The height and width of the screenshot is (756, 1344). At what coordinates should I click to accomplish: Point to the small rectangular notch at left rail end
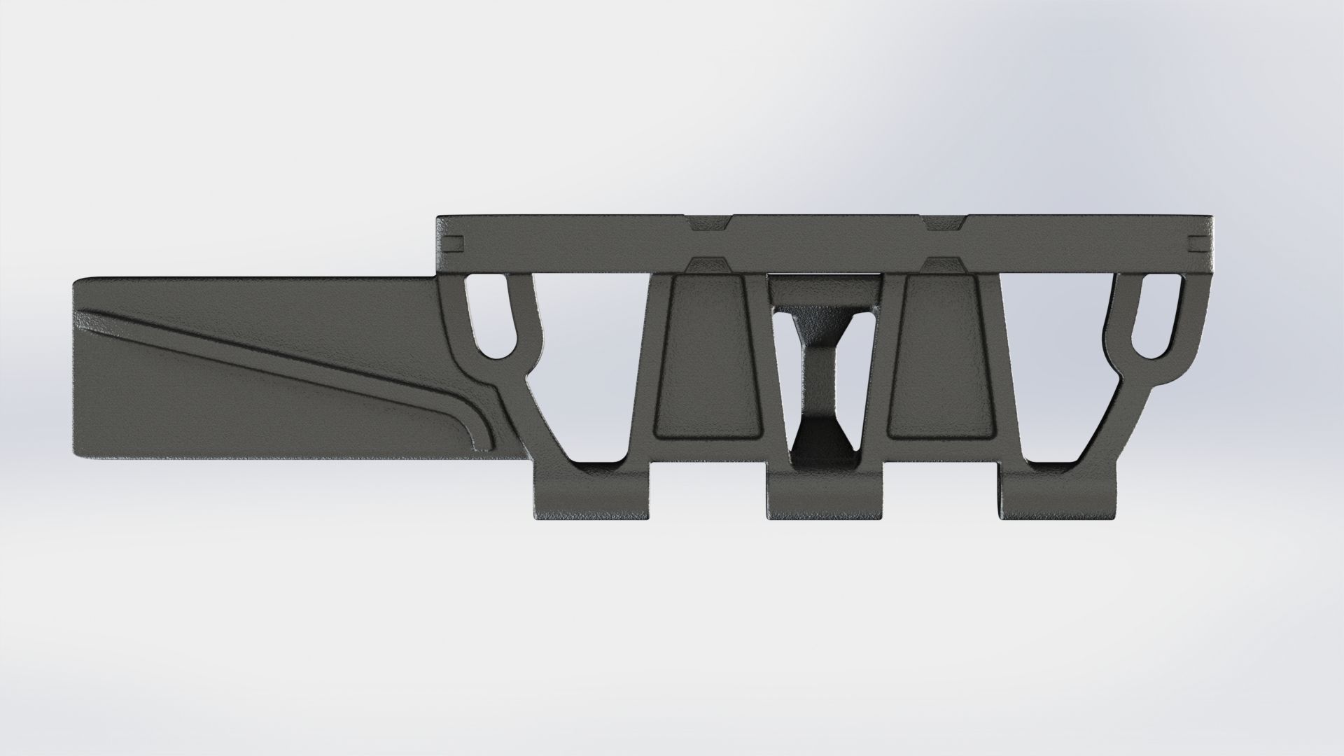(454, 243)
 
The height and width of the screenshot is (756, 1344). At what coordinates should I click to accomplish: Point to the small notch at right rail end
(1199, 243)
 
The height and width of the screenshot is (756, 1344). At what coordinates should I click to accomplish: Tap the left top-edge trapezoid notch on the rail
(708, 223)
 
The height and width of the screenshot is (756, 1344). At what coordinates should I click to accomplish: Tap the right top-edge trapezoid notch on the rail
(944, 223)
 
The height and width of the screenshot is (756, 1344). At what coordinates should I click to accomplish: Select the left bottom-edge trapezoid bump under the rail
(708, 265)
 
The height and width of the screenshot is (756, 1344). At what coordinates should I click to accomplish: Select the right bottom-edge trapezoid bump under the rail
(944, 265)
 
